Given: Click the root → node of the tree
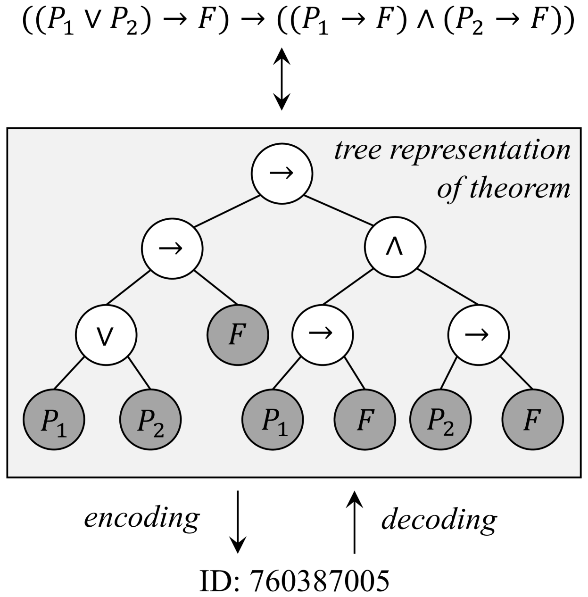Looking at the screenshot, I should (x=282, y=173).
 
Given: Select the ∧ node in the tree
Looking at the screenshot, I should (x=395, y=247).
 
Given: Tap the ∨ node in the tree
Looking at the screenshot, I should (x=106, y=334).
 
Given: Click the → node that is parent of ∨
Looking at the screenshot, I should (x=173, y=247).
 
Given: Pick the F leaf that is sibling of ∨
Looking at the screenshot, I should (x=238, y=334).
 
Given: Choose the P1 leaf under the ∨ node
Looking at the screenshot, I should (x=54, y=419).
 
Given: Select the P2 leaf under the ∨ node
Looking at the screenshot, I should (x=150, y=419).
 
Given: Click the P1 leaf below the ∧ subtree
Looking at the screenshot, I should (x=273, y=419).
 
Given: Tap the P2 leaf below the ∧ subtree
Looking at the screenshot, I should (x=440, y=419).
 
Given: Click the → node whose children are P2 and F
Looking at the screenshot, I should (x=478, y=334).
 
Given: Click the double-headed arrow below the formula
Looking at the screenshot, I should (x=282, y=79).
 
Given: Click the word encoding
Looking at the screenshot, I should (x=142, y=518).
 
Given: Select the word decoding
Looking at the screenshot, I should (x=439, y=520).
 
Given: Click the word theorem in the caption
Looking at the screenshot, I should (x=519, y=188).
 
